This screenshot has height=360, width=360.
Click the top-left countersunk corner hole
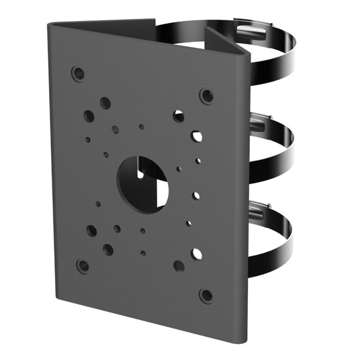[x=77, y=74]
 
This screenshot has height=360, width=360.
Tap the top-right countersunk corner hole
[x=206, y=95]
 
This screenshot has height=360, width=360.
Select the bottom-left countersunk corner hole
[x=83, y=265]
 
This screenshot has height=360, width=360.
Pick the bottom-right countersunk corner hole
[x=206, y=295]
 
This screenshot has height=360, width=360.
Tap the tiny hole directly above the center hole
[x=142, y=127]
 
